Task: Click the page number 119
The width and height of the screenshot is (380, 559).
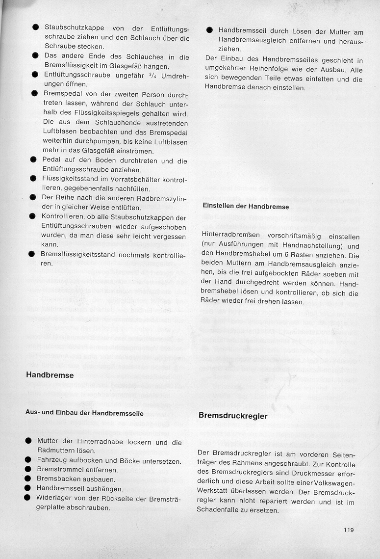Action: pyautogui.click(x=349, y=530)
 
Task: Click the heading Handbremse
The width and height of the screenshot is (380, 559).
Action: pyautogui.click(x=50, y=375)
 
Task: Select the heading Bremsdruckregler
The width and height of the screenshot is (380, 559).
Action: pyautogui.click(x=232, y=416)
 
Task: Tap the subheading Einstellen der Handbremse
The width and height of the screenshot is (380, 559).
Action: pyautogui.click(x=246, y=207)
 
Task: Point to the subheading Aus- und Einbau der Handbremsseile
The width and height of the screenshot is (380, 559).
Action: pyautogui.click(x=84, y=413)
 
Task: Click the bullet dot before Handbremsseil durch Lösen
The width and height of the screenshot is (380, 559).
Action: pyautogui.click(x=209, y=30)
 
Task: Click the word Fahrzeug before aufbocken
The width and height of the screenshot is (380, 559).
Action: pyautogui.click(x=53, y=461)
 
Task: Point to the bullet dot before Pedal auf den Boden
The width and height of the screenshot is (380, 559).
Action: pyautogui.click(x=33, y=160)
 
